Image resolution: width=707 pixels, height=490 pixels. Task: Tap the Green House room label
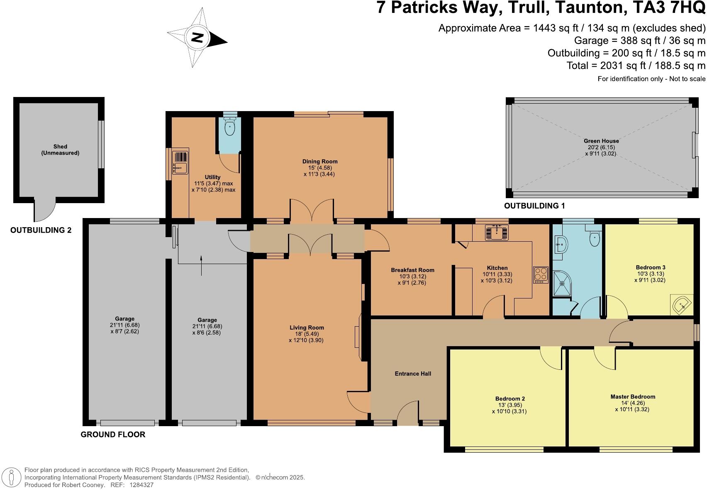pyautogui.click(x=601, y=141)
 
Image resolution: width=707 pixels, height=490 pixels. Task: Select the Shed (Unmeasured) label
pyautogui.click(x=60, y=150)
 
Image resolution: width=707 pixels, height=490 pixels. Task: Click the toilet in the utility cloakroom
pyautogui.click(x=229, y=126)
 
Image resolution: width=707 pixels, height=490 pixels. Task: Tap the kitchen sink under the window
pyautogui.click(x=496, y=233)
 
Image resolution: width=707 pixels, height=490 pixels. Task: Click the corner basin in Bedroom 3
pyautogui.click(x=682, y=306)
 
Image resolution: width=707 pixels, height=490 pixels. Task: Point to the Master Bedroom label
pyautogui.click(x=633, y=397)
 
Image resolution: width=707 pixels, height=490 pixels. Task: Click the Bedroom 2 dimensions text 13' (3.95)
pyautogui.click(x=509, y=405)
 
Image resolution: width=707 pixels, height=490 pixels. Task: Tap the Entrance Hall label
pyautogui.click(x=412, y=374)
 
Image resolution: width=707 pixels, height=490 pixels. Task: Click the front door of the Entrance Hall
pyautogui.click(x=407, y=416)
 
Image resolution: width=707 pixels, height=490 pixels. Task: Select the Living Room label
pyautogui.click(x=307, y=327)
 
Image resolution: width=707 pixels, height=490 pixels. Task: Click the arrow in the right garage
pyautogui.click(x=201, y=265)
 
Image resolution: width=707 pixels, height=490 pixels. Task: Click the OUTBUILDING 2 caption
pyautogui.click(x=41, y=230)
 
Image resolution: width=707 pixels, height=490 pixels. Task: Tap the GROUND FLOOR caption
pyautogui.click(x=113, y=434)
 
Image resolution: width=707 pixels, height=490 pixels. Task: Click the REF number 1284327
pyautogui.click(x=141, y=485)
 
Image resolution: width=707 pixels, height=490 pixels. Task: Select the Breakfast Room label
pyautogui.click(x=412, y=270)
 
